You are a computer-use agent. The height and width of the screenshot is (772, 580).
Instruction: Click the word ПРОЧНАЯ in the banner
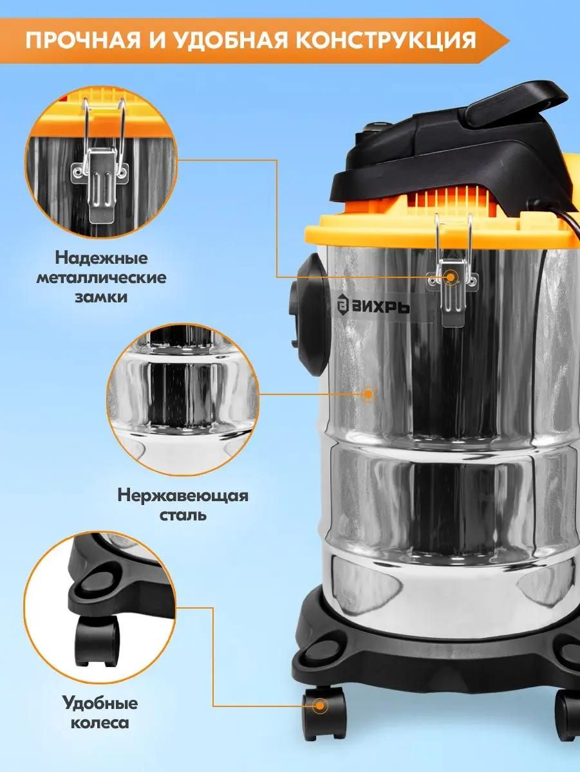(x=82, y=41)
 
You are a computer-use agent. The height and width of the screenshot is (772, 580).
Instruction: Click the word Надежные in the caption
(x=102, y=258)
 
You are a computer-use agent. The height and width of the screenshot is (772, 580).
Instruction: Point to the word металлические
(x=102, y=278)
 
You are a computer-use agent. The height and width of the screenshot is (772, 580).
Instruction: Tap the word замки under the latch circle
(x=102, y=298)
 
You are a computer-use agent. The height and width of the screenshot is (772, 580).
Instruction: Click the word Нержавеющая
(x=183, y=497)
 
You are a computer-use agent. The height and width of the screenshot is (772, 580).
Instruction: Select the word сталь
(x=183, y=515)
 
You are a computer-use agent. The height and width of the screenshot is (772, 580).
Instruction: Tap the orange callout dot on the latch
(x=451, y=277)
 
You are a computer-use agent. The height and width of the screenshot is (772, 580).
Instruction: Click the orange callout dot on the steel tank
(x=368, y=394)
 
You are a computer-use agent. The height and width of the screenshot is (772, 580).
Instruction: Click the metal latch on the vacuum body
(x=453, y=271)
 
